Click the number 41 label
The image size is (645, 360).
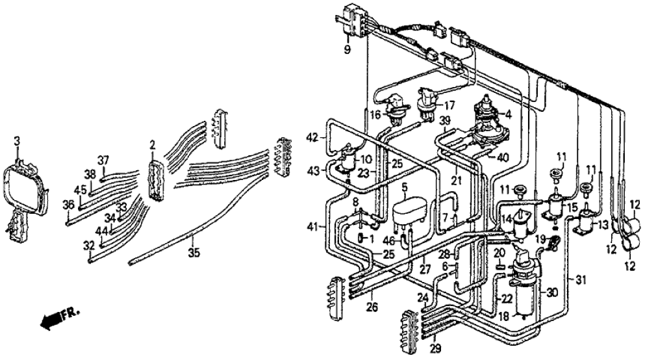pyautogui.click(x=314, y=225)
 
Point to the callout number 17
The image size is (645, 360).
pyautogui.click(x=448, y=104)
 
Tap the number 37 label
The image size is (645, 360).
pyautogui.click(x=103, y=161)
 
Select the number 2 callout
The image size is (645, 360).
pyautogui.click(x=151, y=143)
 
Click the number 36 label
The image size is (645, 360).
pyautogui.click(x=68, y=205)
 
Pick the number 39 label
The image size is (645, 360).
pyautogui.click(x=444, y=122)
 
